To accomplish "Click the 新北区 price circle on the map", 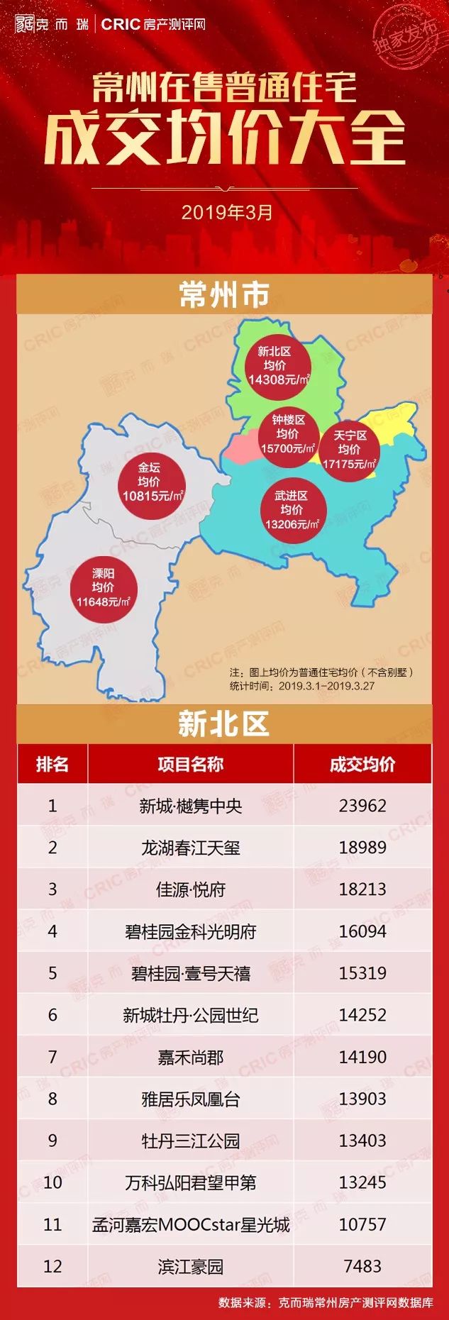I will [x=275, y=365].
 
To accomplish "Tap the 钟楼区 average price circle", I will [x=287, y=434].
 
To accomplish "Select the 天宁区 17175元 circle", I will [x=350, y=450].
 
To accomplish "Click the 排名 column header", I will [x=52, y=764].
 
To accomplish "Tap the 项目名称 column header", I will [x=190, y=764].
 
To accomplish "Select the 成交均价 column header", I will [x=362, y=764].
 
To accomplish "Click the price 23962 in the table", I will [x=362, y=806].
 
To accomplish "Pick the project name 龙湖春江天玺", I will [x=190, y=848].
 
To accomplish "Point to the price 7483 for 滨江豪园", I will [x=362, y=1266].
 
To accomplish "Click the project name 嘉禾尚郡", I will [x=190, y=1058].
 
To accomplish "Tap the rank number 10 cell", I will [x=52, y=1182].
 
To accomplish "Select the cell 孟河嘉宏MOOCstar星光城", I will [x=190, y=1225].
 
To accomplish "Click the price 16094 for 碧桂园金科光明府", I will [x=362, y=931].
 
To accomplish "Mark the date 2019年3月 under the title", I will [x=226, y=212].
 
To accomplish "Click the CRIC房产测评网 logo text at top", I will [x=153, y=24].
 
